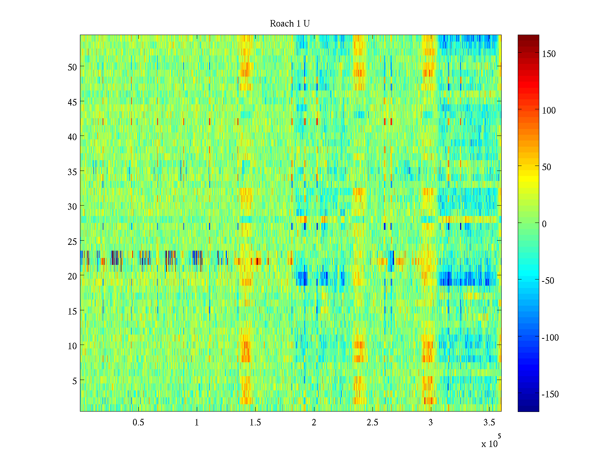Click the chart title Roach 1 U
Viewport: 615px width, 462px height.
tap(290, 24)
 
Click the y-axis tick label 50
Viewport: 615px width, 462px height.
tap(72, 67)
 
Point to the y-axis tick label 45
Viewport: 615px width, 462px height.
tap(72, 102)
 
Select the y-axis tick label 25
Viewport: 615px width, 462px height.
tap(72, 241)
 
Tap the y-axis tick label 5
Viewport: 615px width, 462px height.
tap(75, 381)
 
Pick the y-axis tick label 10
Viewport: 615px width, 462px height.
tap(72, 346)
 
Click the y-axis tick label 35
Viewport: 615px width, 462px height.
tap(72, 172)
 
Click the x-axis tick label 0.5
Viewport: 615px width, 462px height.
tap(138, 423)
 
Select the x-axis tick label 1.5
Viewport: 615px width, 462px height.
tap(255, 423)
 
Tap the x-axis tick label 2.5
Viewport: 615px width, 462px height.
tap(372, 423)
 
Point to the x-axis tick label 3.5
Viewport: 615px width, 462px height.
tap(489, 423)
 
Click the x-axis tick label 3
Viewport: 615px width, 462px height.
tap(430, 423)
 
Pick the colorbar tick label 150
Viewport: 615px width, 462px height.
tap(549, 54)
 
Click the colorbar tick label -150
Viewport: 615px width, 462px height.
tap(550, 395)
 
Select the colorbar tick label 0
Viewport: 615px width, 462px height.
tap(544, 224)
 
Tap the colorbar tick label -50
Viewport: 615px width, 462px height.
tap(548, 281)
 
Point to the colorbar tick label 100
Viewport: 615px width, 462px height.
tap(549, 111)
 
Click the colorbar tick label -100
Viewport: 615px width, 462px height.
tap(550, 338)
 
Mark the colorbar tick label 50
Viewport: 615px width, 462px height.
tap(547, 167)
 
